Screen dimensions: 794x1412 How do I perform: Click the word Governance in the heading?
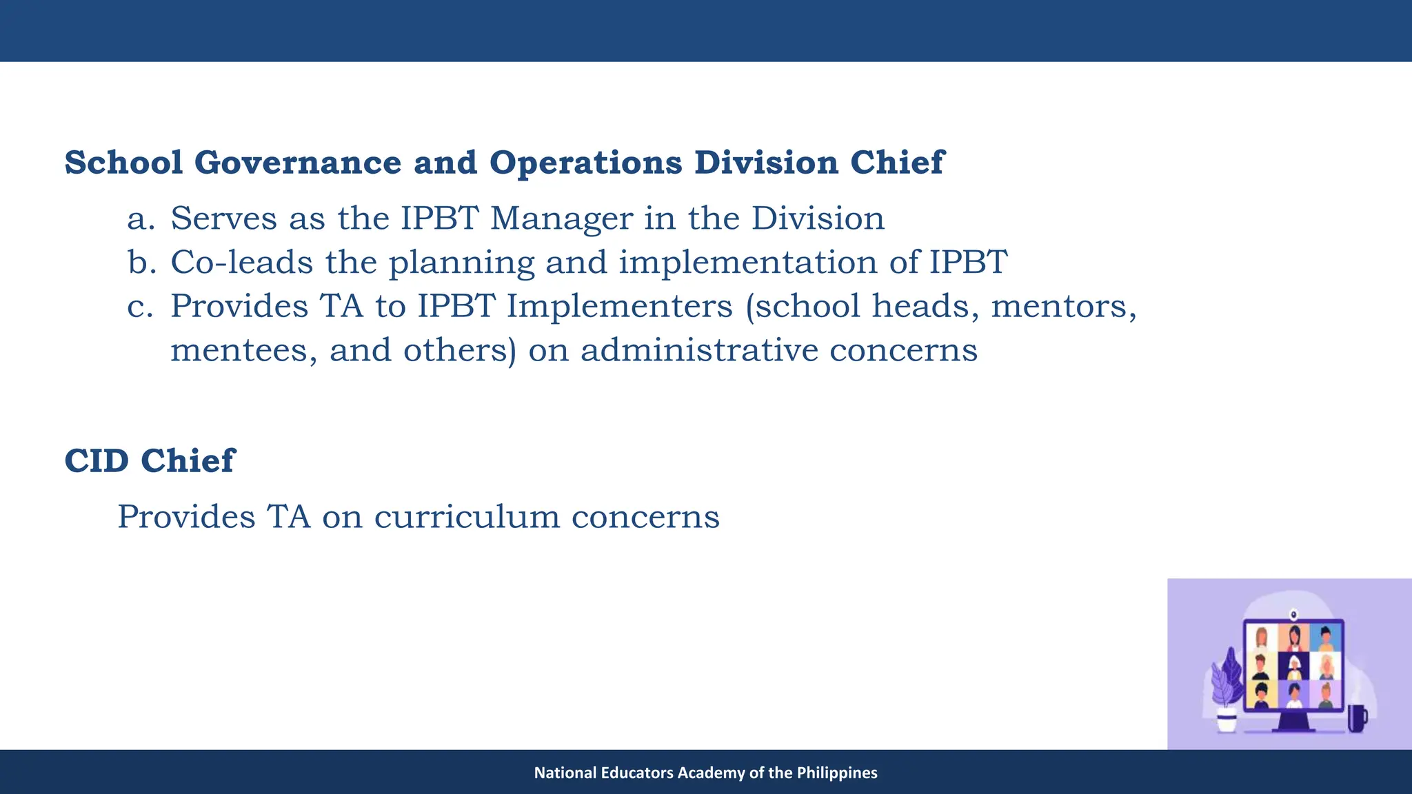pyautogui.click(x=297, y=163)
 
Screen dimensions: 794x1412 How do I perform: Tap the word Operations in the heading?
pyautogui.click(x=585, y=163)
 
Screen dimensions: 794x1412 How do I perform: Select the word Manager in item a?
pyautogui.click(x=561, y=218)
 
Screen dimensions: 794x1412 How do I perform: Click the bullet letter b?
pyautogui.click(x=141, y=263)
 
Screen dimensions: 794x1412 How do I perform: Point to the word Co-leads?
pyautogui.click(x=241, y=263)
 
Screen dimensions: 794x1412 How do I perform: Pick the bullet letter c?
pyautogui.click(x=140, y=307)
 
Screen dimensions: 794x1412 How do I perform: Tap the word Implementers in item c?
pyautogui.click(x=619, y=307)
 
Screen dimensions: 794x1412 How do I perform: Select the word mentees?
pyautogui.click(x=243, y=350)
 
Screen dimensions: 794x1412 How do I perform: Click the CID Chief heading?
pyautogui.click(x=150, y=460)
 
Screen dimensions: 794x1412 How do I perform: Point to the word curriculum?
pyautogui.click(x=467, y=517)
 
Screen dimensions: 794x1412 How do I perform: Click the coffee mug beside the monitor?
pyautogui.click(x=1356, y=718)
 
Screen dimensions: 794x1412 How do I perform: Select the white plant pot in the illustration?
pyautogui.click(x=1227, y=721)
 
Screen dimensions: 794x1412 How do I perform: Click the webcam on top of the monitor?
pyautogui.click(x=1293, y=613)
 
